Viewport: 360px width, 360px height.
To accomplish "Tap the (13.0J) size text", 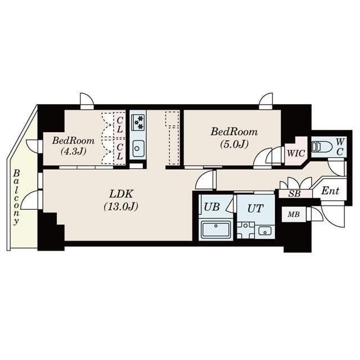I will [x=121, y=206].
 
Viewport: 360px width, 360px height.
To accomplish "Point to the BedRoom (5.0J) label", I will [x=234, y=132].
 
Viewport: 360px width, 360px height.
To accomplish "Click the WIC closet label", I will [x=295, y=152].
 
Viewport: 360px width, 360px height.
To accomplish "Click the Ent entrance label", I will [x=331, y=191].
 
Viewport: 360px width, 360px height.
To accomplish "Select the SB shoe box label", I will [x=294, y=193].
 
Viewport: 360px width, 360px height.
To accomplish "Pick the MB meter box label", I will [x=294, y=214].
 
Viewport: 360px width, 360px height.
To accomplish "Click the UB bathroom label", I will [x=211, y=206].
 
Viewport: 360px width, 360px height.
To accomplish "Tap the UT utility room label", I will [x=255, y=208].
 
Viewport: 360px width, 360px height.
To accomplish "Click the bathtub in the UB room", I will [x=215, y=230].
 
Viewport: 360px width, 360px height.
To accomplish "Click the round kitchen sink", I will [x=138, y=149].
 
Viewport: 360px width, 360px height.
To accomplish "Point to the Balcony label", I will [x=17, y=197].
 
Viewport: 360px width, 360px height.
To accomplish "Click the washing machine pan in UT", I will [x=245, y=231].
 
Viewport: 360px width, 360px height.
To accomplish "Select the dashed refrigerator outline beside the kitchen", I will [x=172, y=138].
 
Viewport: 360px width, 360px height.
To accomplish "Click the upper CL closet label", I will [x=119, y=123].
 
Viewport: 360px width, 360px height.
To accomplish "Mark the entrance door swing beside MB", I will [x=332, y=217].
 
